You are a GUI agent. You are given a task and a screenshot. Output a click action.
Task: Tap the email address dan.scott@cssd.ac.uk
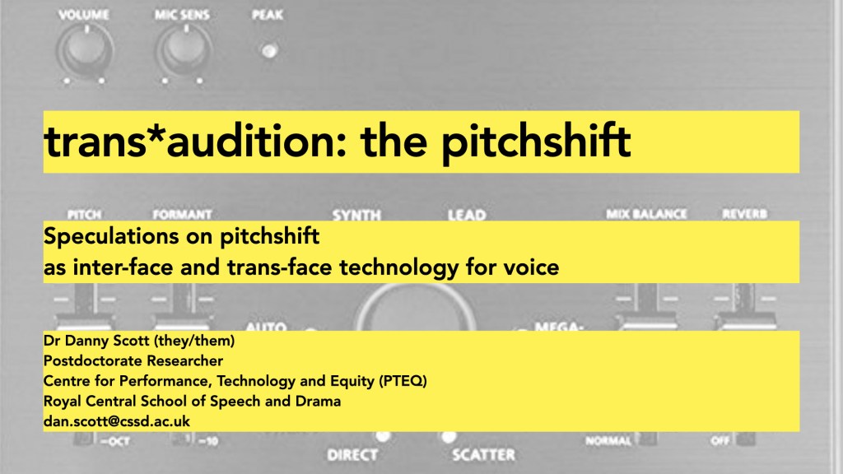117,421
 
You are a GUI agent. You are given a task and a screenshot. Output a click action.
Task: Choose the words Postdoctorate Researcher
133,361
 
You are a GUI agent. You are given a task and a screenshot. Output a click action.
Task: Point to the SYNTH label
356,216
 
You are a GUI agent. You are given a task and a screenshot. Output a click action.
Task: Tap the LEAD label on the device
466,216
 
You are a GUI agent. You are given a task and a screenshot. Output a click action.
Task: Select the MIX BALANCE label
646,214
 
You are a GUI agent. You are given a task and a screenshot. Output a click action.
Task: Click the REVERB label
744,214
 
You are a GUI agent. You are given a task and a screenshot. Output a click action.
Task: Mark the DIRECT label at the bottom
352,454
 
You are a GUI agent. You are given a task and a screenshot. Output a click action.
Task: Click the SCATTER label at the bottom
483,454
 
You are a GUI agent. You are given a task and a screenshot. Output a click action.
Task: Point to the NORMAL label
608,441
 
